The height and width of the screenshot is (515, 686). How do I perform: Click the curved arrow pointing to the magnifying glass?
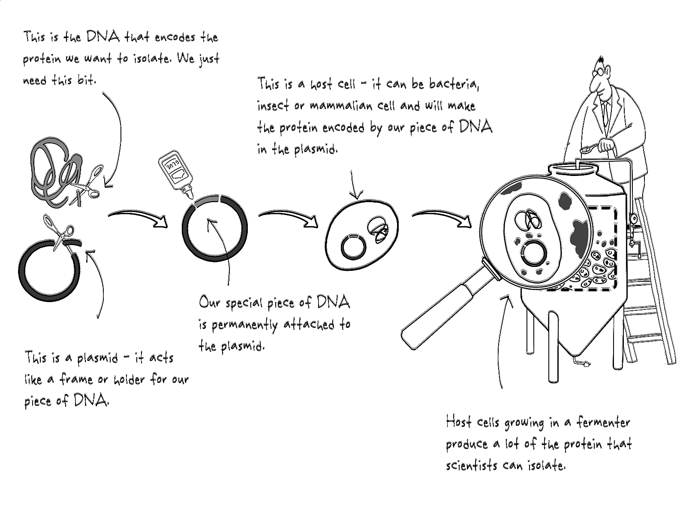(x=442, y=217)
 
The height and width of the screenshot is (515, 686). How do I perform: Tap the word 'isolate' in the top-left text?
(x=148, y=58)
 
